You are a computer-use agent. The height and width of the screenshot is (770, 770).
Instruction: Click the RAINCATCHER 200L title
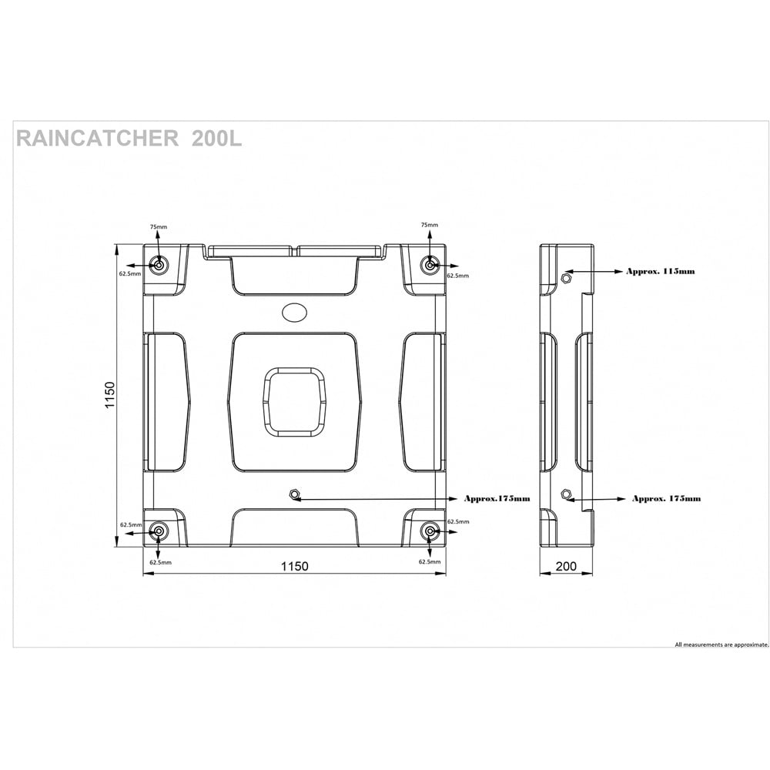tap(129, 139)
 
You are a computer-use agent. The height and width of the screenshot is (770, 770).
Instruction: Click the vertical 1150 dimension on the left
tap(110, 396)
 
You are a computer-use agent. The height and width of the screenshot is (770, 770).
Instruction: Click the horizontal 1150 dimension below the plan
tap(294, 567)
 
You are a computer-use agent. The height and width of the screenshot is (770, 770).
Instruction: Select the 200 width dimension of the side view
tap(566, 567)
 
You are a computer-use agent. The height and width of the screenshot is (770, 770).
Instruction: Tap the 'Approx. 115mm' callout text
tap(660, 271)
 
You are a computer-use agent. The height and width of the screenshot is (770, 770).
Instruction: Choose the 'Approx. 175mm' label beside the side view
tap(666, 498)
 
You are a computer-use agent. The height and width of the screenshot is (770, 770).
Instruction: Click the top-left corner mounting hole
tap(159, 265)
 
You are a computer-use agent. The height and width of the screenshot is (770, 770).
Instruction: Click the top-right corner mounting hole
tap(430, 265)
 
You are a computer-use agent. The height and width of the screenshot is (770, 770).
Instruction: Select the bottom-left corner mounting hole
tap(159, 531)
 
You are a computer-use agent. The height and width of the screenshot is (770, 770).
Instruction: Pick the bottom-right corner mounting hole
tap(430, 531)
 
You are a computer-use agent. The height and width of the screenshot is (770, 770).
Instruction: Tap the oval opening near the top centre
tap(295, 312)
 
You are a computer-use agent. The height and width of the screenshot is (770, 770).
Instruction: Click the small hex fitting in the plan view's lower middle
tap(293, 494)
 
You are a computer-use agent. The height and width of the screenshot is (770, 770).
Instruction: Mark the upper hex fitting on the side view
tap(566, 277)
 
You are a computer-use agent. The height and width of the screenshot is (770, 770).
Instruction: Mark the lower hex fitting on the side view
tap(566, 494)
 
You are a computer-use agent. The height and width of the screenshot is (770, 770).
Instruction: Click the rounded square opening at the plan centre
tap(294, 401)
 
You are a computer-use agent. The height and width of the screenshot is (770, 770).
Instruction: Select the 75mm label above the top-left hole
tap(159, 226)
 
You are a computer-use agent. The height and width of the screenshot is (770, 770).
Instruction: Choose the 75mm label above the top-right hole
tap(430, 225)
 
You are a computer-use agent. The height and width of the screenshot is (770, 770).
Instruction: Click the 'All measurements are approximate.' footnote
tap(721, 644)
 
